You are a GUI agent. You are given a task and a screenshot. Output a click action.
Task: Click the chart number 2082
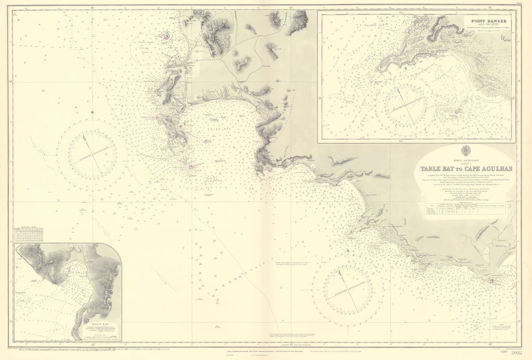[516, 353]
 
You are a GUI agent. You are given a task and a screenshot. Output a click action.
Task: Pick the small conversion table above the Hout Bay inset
[29, 234]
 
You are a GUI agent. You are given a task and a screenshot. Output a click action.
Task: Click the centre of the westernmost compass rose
[92, 155]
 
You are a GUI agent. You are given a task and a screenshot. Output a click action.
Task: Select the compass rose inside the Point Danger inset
[406, 106]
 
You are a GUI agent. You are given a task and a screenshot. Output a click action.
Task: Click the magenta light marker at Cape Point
[192, 166]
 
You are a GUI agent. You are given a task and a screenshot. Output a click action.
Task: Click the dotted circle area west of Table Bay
[146, 48]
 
